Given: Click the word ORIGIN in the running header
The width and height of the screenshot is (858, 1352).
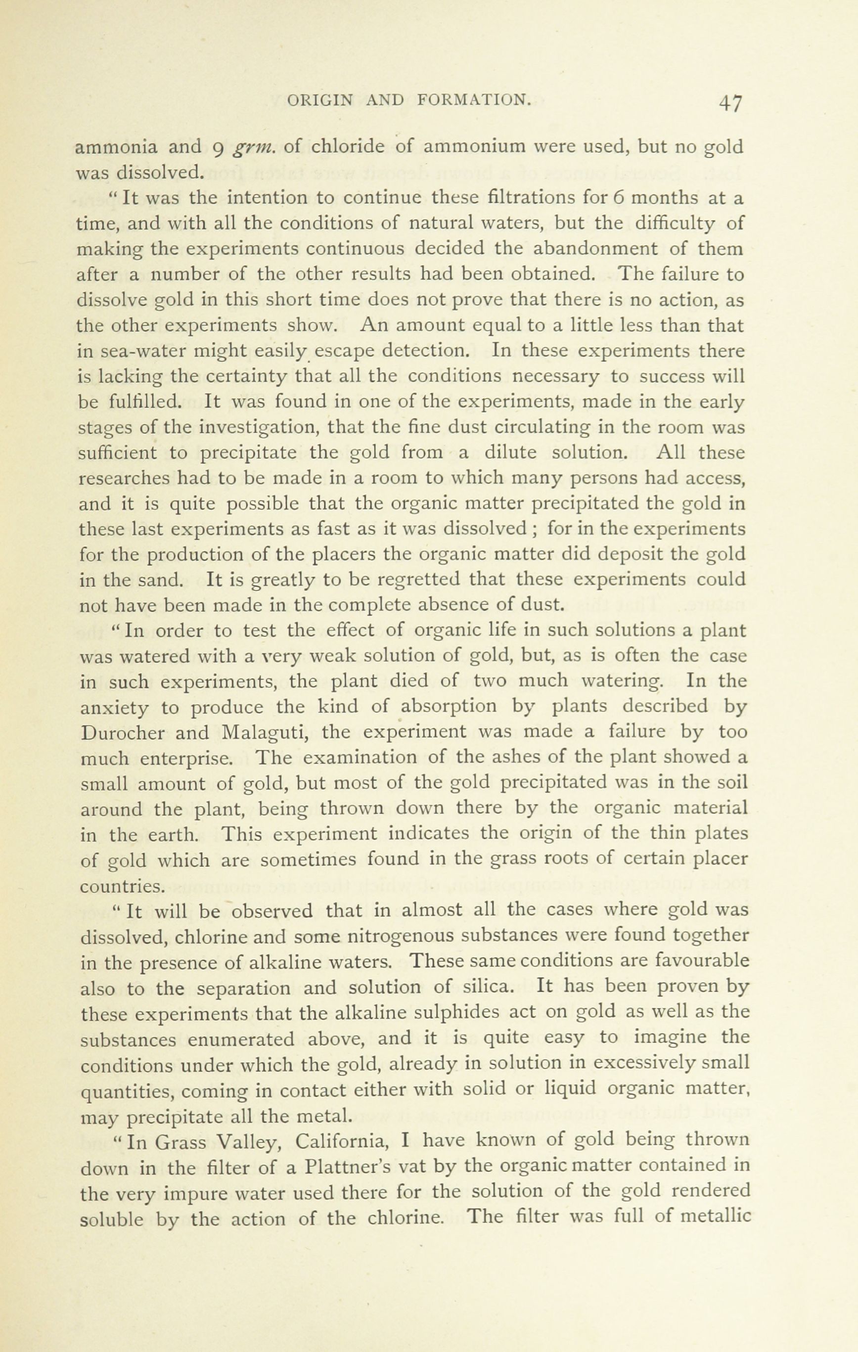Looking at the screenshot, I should pyautogui.click(x=320, y=100).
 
